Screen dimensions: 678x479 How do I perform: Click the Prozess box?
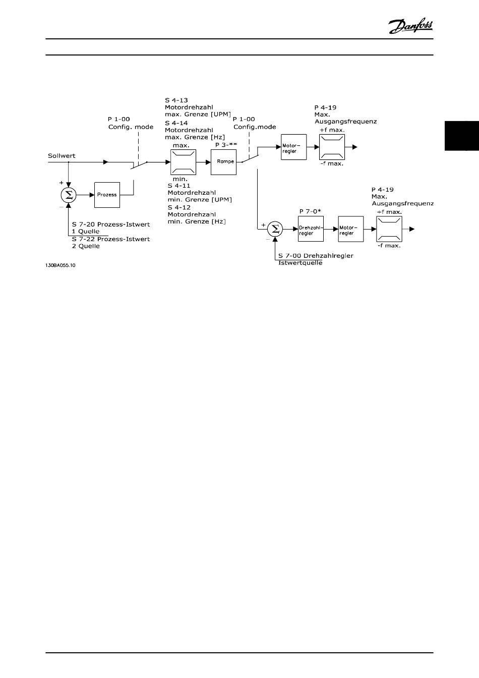(x=107, y=195)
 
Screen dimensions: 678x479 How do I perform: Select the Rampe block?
(x=223, y=162)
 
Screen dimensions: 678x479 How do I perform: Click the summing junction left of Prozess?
(x=69, y=195)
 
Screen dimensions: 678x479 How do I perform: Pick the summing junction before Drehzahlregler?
(x=275, y=230)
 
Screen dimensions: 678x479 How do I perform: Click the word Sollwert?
(x=62, y=156)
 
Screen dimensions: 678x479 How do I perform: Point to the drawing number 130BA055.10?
(x=60, y=265)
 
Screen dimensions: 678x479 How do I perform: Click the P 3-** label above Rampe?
(x=226, y=144)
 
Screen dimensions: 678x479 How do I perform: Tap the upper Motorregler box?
(x=293, y=148)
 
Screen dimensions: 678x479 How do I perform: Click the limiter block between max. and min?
(x=183, y=162)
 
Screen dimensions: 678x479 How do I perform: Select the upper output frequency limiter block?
(x=332, y=147)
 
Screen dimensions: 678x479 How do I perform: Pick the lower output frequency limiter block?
(x=389, y=230)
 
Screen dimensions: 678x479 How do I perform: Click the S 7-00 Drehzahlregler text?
(x=316, y=255)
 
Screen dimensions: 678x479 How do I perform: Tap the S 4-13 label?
(x=176, y=100)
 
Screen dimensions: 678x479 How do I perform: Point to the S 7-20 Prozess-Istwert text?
(x=111, y=224)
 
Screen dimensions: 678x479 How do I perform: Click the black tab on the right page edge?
(x=461, y=136)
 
